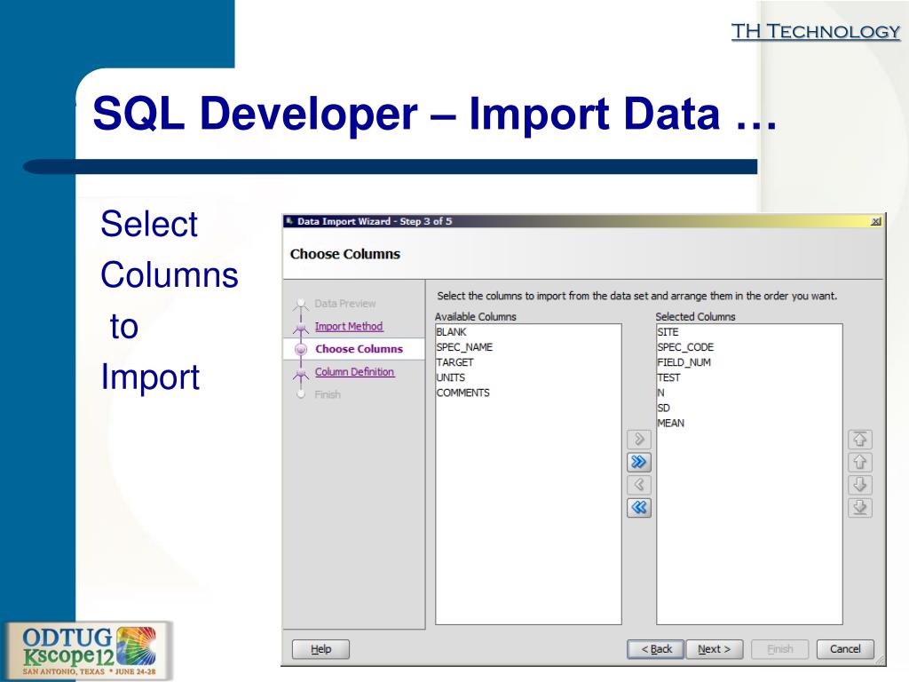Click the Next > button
coord(714,649)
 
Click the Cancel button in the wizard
coord(844,649)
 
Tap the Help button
coord(320,649)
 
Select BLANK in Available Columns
coord(452,332)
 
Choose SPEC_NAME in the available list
coord(464,347)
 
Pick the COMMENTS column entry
coord(462,393)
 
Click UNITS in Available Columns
coord(451,377)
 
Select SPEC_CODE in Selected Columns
coord(684,347)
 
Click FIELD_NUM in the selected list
coord(684,362)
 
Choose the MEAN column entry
coord(671,423)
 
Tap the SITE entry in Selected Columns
coord(668,332)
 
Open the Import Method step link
coord(349,326)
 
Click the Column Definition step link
coord(354,372)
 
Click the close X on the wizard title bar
coord(876,221)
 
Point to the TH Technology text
coord(815,32)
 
